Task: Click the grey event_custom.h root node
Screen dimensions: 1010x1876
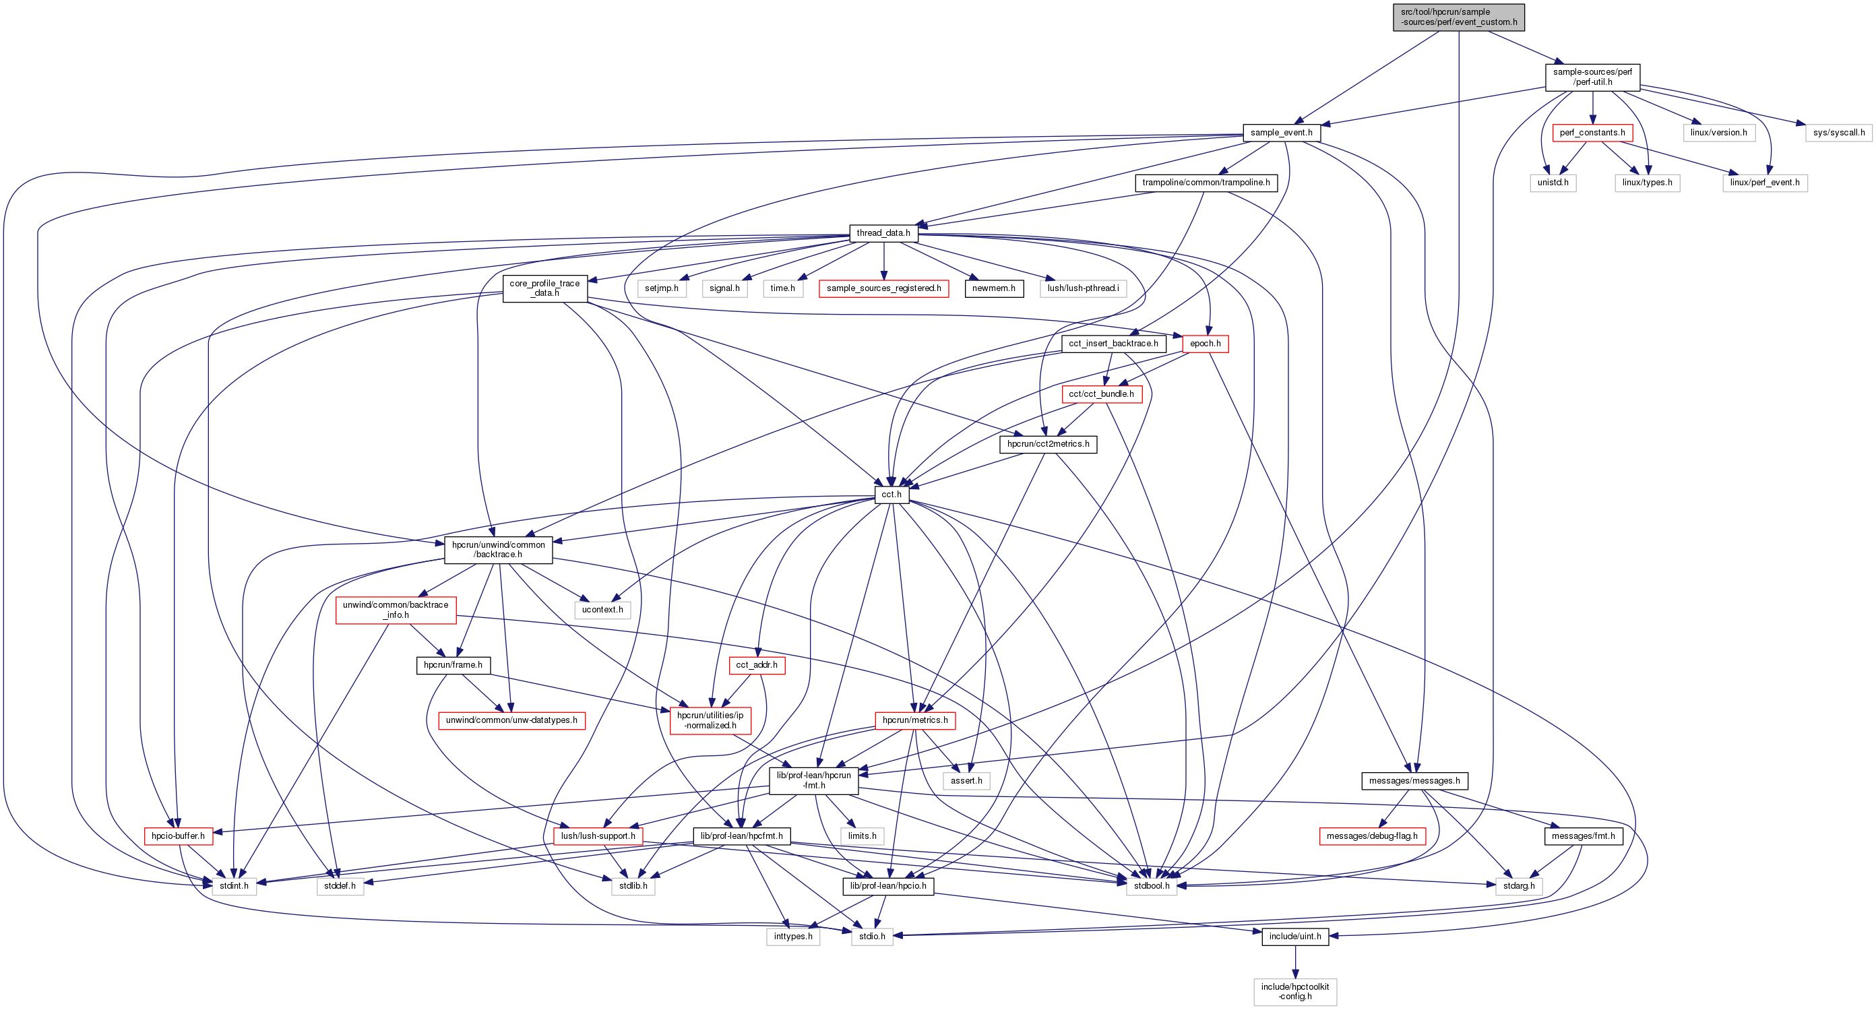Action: (1458, 17)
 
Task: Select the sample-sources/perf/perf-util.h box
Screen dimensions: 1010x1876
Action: (1592, 77)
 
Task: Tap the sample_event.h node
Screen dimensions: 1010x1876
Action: (1281, 133)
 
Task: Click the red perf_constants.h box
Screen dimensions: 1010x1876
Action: (1592, 133)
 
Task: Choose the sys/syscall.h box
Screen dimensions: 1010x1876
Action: (1838, 133)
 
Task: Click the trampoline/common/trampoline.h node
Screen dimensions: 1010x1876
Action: (1206, 183)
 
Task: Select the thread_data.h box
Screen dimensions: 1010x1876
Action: (883, 233)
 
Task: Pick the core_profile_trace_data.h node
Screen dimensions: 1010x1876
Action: (544, 288)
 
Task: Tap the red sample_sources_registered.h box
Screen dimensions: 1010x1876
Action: (883, 288)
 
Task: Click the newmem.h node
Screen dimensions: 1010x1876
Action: (993, 288)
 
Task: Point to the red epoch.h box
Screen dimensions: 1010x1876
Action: (1206, 344)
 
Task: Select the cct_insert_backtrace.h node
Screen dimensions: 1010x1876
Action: (1113, 344)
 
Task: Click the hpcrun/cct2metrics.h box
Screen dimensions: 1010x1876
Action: (1048, 444)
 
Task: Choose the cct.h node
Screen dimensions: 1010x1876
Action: (892, 495)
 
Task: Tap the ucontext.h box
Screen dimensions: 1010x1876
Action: (602, 610)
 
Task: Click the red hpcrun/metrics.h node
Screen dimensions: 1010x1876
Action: (914, 720)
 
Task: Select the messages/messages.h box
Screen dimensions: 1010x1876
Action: (1414, 781)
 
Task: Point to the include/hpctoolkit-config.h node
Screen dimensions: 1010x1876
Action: (1295, 992)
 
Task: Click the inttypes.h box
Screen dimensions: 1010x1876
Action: (792, 937)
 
